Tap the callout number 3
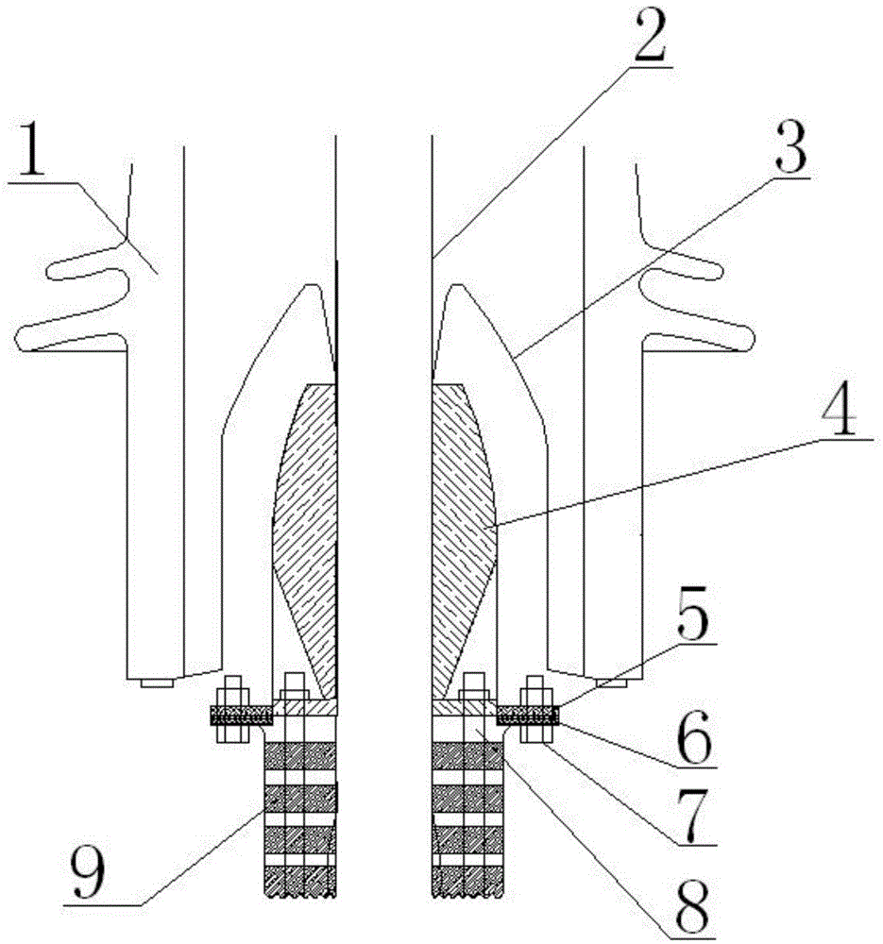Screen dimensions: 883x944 coord(790,144)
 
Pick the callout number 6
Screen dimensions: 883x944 coord(694,736)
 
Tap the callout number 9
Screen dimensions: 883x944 coord(87,873)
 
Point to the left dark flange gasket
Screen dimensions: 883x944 coord(241,716)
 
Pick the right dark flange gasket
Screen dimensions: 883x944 coord(528,716)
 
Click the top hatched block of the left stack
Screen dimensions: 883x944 coord(300,755)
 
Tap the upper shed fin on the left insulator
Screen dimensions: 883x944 coord(87,263)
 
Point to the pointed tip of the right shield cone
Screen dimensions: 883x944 coord(458,284)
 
